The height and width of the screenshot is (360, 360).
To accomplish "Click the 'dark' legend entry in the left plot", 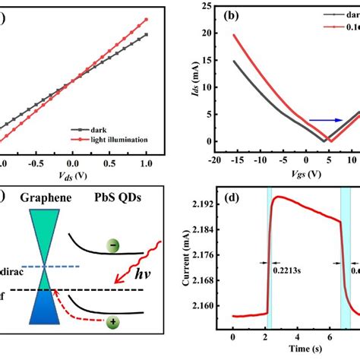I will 100,129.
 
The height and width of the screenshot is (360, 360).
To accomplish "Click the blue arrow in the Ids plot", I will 323,119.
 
